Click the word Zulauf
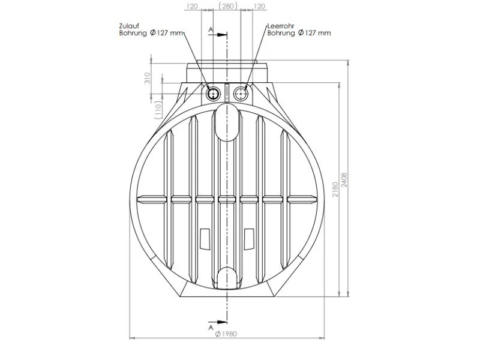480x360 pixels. pyautogui.click(x=129, y=26)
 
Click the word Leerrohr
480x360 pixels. pyautogui.click(x=281, y=26)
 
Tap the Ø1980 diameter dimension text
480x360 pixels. pyautogui.click(x=226, y=334)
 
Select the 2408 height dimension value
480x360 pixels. pyautogui.click(x=344, y=180)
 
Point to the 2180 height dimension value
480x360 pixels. pyautogui.click(x=335, y=189)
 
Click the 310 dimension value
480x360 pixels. pyautogui.click(x=148, y=78)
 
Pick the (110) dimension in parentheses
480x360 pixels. pyautogui.click(x=158, y=110)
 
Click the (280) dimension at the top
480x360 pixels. pyautogui.click(x=227, y=6)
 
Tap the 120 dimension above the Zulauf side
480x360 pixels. pyautogui.click(x=192, y=6)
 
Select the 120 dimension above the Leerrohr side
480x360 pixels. pyautogui.click(x=259, y=6)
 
